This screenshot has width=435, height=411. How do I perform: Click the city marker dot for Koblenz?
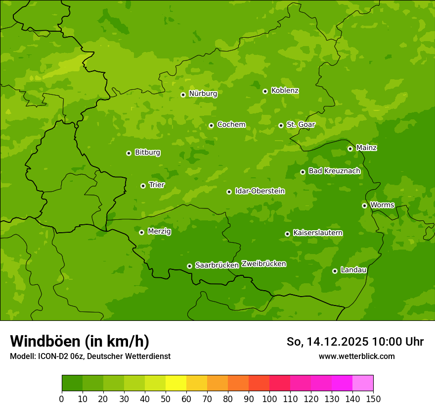coord(265,91)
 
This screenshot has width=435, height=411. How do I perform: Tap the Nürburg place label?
coord(203,94)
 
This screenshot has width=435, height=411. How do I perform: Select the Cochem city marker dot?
coord(211,125)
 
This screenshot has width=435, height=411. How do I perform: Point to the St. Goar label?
coord(301,125)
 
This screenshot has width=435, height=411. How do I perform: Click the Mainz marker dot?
coord(350,149)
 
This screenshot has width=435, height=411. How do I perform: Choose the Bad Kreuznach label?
coord(334,171)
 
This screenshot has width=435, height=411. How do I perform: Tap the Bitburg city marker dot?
coord(129,153)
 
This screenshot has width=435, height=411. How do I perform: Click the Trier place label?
coord(157,185)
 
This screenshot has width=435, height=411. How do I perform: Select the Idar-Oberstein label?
coord(260,191)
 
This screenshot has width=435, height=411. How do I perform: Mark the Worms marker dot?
coord(364,205)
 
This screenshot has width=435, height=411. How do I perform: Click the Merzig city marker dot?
coord(141,232)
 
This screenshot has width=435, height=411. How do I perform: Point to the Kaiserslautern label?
coord(318,233)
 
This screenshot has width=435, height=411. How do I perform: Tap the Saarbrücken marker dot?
coord(189,266)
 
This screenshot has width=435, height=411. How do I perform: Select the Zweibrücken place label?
coord(263,264)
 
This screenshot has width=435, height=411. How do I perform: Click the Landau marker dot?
coord(335,271)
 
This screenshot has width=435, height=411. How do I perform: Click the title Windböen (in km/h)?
coord(80,341)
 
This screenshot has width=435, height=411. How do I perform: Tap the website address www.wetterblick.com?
coord(356,357)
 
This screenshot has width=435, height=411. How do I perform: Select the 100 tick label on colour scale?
coord(269,399)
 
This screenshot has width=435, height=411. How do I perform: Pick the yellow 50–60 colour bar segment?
coord(176,383)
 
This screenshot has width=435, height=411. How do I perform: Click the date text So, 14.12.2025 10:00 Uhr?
coord(355,342)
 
